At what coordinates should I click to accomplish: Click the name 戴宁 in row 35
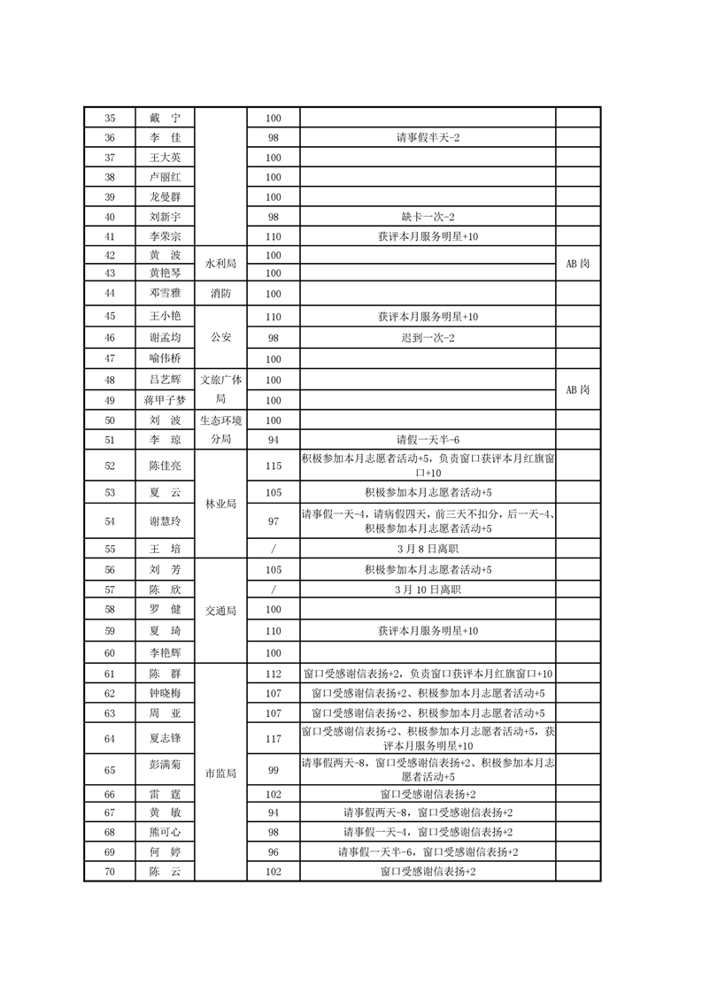tap(166, 118)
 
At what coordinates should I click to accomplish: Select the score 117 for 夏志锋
tap(273, 738)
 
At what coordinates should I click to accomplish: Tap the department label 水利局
tap(218, 264)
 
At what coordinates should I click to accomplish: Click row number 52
tap(110, 466)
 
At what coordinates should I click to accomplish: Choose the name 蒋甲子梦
tap(166, 400)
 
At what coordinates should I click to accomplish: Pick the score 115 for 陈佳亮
tap(273, 466)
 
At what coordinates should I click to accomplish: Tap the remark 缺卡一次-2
tap(428, 217)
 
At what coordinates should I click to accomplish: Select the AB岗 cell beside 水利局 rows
tap(578, 264)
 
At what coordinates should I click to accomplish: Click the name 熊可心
tap(166, 832)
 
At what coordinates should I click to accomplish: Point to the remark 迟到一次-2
tap(428, 337)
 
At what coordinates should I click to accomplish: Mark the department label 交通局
tap(218, 610)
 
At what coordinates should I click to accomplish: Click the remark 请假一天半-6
tap(428, 440)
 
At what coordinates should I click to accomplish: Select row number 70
tap(110, 872)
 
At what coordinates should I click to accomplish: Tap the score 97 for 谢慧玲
tap(273, 521)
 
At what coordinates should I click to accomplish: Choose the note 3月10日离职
tap(428, 589)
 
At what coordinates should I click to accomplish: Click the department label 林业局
tap(218, 504)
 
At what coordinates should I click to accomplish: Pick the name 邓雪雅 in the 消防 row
tap(166, 293)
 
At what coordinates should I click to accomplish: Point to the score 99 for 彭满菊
tap(273, 771)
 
